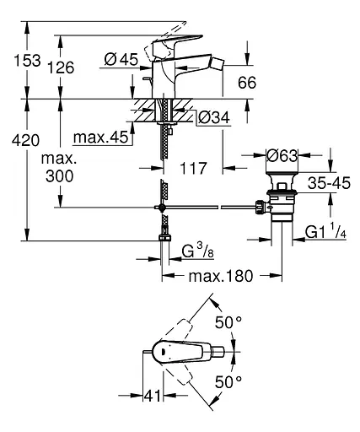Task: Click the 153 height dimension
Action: pyautogui.click(x=28, y=61)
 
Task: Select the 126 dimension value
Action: pyautogui.click(x=61, y=67)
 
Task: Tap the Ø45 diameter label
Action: pyautogui.click(x=121, y=59)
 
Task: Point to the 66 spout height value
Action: pyautogui.click(x=247, y=83)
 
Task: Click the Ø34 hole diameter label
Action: pyautogui.click(x=213, y=117)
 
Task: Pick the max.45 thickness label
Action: pyautogui.click(x=100, y=138)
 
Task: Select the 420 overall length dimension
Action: pyautogui.click(x=25, y=140)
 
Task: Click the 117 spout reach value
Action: pyautogui.click(x=193, y=168)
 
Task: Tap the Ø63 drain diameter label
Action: pyautogui.click(x=282, y=155)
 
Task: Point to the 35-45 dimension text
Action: pyautogui.click(x=329, y=183)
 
